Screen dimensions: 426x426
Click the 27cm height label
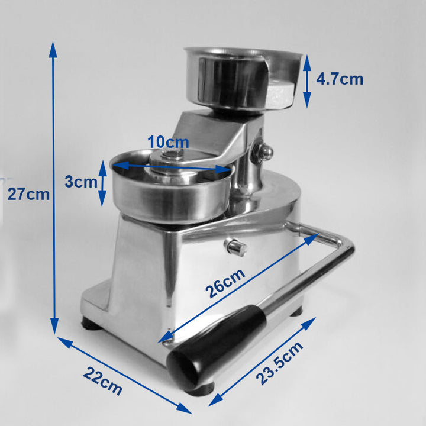28,195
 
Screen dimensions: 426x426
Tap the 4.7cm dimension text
340,79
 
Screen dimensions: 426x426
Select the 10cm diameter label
168,142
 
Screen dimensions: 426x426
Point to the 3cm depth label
81,182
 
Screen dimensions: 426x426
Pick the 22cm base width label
102,381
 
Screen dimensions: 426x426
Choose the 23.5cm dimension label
279,363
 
